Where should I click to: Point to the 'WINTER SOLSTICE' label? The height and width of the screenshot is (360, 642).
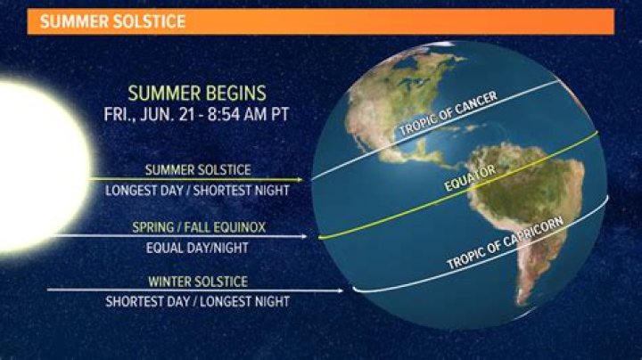point(197,282)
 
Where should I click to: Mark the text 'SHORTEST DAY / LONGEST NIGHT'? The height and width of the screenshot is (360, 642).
point(197,300)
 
